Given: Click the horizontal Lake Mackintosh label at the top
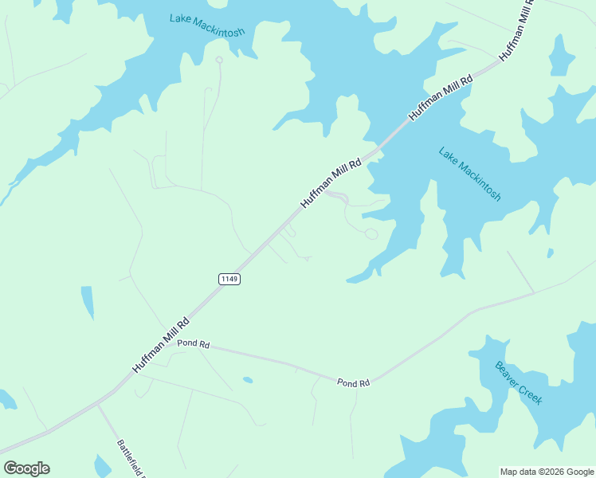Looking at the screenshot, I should (x=206, y=25).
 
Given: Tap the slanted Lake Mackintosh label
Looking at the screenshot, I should (x=470, y=173).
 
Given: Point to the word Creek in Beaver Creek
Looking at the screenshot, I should (x=531, y=394).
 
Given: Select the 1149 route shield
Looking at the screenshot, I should (x=229, y=279).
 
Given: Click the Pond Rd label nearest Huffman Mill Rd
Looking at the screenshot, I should (x=193, y=344).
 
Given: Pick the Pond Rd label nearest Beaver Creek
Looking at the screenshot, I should (x=353, y=383).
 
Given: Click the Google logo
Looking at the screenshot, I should (x=26, y=468).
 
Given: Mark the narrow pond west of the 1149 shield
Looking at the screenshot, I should (x=87, y=302).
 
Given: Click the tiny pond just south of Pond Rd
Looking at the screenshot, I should (x=248, y=380).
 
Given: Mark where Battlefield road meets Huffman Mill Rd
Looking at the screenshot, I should (x=97, y=404).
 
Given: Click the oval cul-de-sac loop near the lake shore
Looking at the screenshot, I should (x=371, y=233).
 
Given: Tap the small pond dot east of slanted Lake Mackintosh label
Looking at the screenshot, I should (x=550, y=253).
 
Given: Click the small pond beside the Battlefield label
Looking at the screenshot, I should (x=102, y=465).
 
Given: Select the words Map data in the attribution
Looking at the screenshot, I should (x=519, y=472).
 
